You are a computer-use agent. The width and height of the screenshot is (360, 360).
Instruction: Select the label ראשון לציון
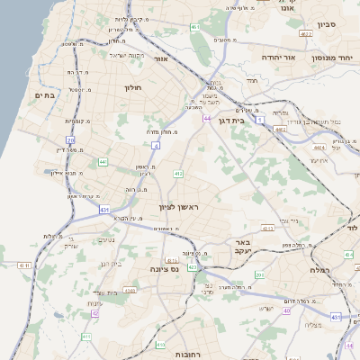(177, 208)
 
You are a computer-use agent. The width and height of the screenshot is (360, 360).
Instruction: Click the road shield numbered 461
(195, 28)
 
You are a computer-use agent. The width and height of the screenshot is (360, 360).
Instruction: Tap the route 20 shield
(70, 140)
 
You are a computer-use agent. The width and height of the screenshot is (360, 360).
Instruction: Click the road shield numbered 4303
(130, 290)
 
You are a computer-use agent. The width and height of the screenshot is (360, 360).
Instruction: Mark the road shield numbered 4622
(306, 33)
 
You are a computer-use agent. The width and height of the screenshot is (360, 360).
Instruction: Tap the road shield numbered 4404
(280, 130)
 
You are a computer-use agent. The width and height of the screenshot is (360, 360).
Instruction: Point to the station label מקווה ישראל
(104, 56)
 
